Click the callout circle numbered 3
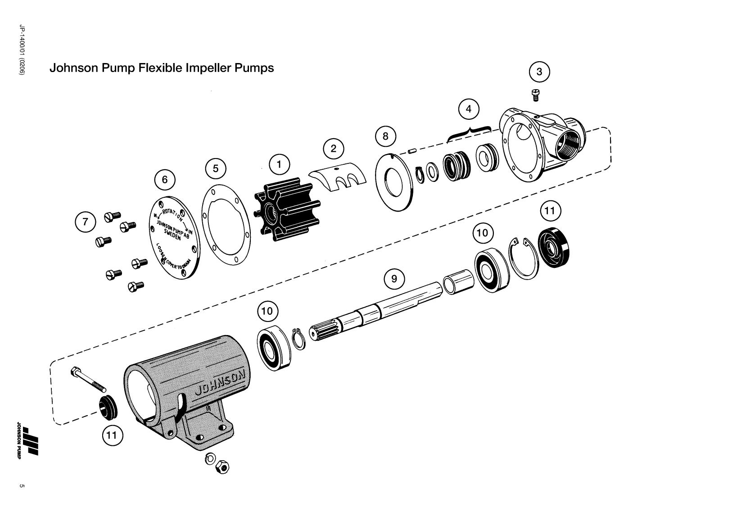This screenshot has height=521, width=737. [539, 72]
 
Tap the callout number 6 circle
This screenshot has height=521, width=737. [165, 180]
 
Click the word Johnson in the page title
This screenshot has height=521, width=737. [70, 68]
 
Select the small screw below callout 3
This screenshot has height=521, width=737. [536, 94]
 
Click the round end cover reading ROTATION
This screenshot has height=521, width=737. [173, 238]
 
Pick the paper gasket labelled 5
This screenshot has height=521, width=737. [226, 225]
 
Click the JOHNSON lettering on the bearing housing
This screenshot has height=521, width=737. [221, 382]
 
